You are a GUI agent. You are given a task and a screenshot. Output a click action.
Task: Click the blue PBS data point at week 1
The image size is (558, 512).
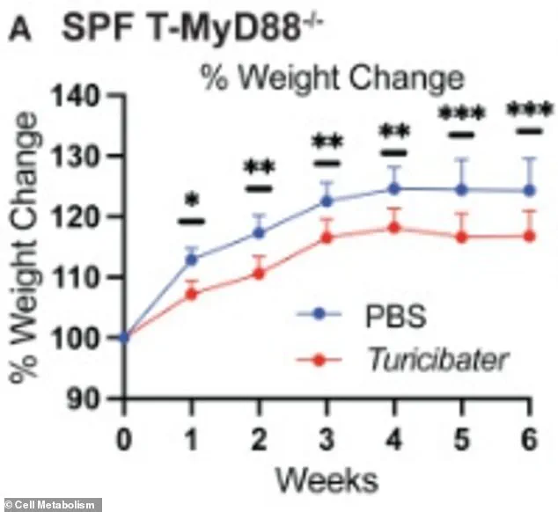(x=192, y=260)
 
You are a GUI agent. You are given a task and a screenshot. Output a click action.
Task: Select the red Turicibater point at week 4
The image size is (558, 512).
(x=394, y=228)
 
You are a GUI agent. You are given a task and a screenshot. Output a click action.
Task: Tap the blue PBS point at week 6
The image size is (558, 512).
(x=529, y=190)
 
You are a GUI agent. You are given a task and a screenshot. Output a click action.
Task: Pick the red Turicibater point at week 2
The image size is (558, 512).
(x=260, y=273)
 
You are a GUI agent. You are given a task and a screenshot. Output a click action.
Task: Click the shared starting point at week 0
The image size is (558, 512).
(x=124, y=337)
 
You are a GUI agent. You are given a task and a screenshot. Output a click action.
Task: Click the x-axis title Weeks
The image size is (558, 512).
(x=327, y=479)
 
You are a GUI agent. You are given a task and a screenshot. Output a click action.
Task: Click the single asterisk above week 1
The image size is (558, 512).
(x=192, y=200)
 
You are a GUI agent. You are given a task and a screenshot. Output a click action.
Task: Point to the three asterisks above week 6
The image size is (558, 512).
(x=528, y=113)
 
